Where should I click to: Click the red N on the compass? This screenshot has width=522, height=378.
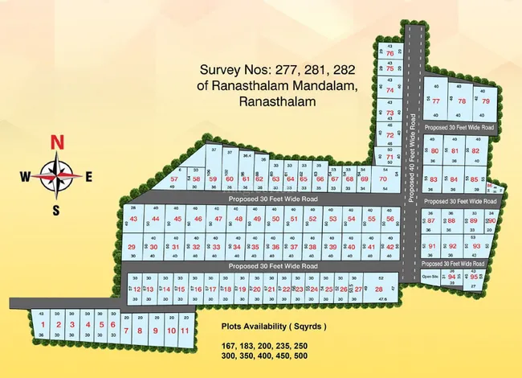pos(57,142)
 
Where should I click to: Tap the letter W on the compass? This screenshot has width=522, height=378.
pos(25,176)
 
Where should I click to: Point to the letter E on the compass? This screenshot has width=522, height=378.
pos(89,176)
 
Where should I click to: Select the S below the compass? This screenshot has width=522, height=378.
pos(56,211)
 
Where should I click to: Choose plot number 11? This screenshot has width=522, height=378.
pos(185,331)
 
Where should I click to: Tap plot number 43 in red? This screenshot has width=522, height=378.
pos(133,219)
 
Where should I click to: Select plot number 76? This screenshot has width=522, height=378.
pos(389,54)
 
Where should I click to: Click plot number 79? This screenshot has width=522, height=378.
pos(485,101)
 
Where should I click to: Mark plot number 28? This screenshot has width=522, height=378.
pos(378,289)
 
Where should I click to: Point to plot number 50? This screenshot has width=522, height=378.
pos(275,219)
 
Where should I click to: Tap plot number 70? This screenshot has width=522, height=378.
pos(383,179)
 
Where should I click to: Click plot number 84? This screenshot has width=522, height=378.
pos(454,179)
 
